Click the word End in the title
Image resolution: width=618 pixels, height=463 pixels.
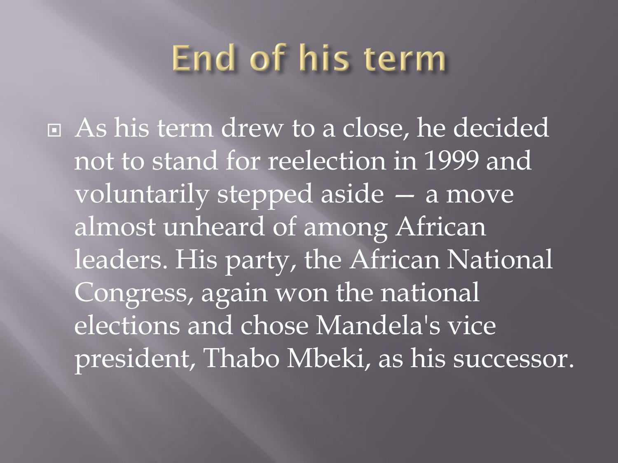pos(203,57)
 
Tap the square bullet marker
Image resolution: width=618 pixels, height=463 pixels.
pos(54,130)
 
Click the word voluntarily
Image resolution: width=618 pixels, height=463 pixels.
pos(142,195)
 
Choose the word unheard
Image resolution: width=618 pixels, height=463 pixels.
pos(214,227)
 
